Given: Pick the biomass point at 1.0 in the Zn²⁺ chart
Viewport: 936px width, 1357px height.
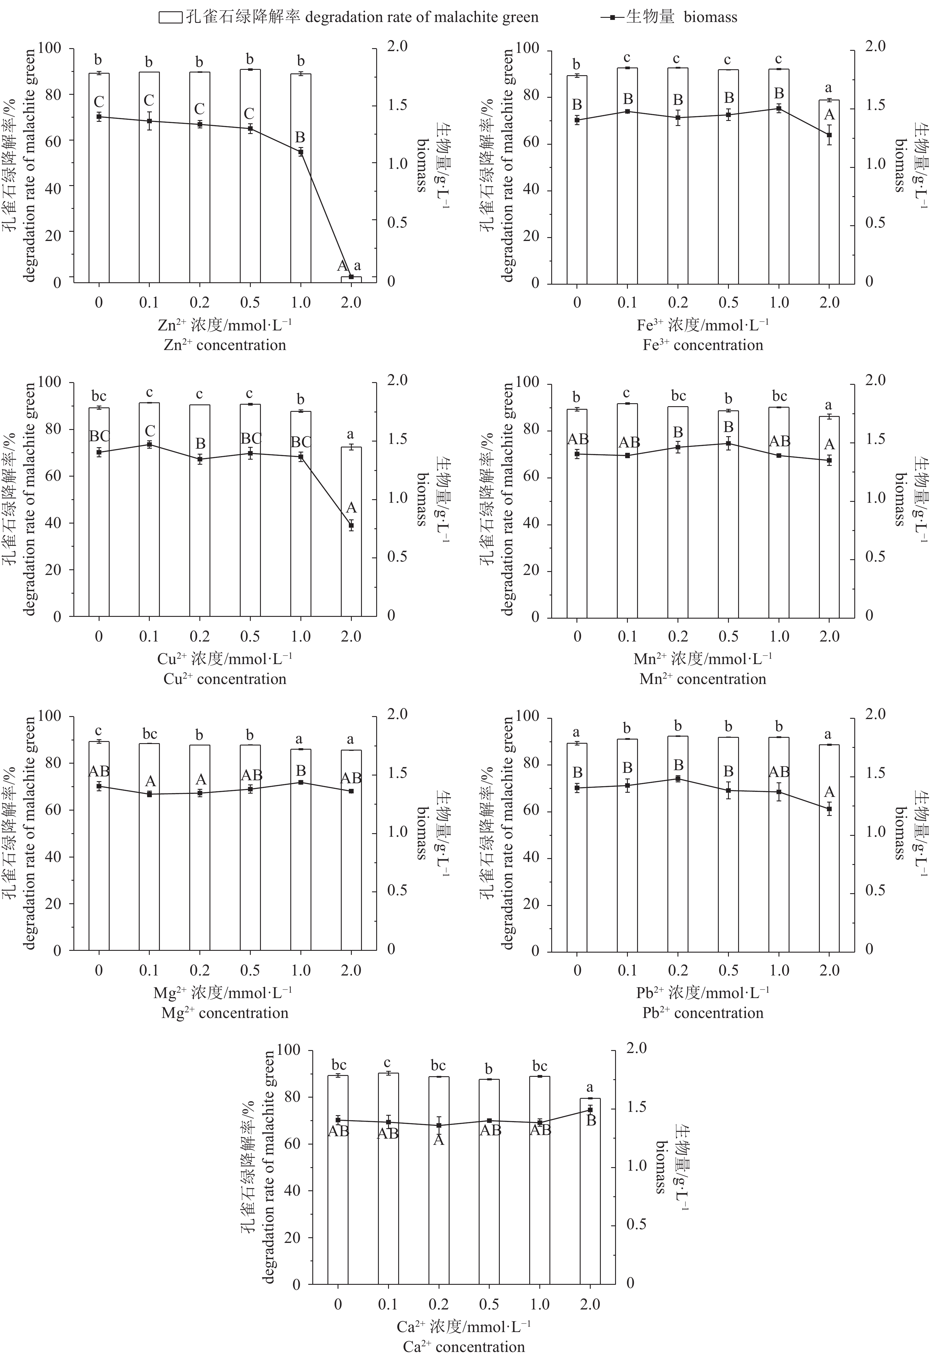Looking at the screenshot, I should point(301,152).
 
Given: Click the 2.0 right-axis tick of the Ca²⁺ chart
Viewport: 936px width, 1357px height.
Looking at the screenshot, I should point(637,1048).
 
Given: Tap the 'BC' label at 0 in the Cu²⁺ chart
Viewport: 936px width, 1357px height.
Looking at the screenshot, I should point(99,436).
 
